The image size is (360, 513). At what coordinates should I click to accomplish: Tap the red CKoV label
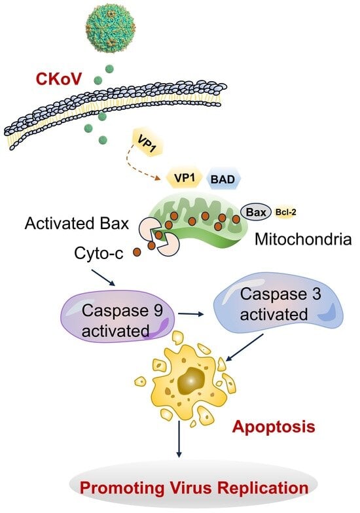coord(58,79)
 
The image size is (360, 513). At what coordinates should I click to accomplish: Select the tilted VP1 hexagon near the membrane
coord(147,141)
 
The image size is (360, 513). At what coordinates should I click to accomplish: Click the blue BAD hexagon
coord(224,179)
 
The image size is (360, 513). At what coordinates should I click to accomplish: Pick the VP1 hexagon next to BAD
coord(185,178)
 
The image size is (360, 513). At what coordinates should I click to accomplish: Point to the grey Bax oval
coord(256,212)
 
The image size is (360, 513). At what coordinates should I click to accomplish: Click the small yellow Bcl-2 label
coord(285,212)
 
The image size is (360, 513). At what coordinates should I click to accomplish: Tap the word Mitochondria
coord(303,239)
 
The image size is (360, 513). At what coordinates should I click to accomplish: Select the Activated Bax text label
coord(77,224)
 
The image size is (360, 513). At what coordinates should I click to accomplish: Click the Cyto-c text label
coord(99,253)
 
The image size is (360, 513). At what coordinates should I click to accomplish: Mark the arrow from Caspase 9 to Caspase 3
coord(190,314)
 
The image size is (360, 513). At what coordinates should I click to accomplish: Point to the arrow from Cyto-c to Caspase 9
coord(103,277)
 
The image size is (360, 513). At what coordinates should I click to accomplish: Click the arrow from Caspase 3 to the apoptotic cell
coord(245,347)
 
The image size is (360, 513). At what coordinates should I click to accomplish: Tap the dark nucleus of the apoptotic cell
coord(191,381)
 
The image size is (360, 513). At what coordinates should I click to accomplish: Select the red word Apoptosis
coord(274,427)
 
